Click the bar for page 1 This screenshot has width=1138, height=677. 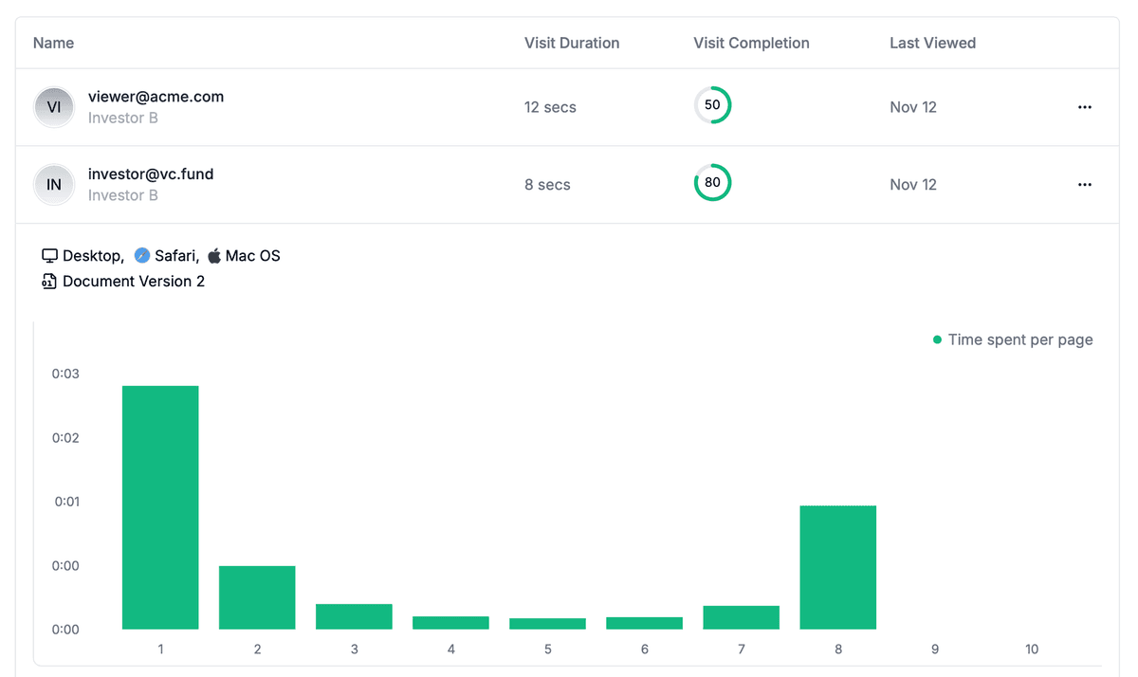click(x=160, y=507)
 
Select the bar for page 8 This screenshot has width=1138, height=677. click(x=837, y=567)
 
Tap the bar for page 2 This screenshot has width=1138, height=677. click(x=257, y=597)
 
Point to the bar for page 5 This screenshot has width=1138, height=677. click(x=547, y=624)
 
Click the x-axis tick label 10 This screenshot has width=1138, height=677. click(x=1031, y=650)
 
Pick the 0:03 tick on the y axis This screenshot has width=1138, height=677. click(x=65, y=374)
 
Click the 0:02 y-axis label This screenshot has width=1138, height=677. click(x=65, y=438)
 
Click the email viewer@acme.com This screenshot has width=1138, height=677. click(x=156, y=97)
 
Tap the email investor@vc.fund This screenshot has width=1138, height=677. click(x=151, y=174)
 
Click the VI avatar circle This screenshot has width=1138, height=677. click(x=54, y=107)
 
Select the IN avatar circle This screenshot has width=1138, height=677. click(x=54, y=185)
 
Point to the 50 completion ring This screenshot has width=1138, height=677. click(x=712, y=105)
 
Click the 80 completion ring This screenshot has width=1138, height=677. click(x=712, y=183)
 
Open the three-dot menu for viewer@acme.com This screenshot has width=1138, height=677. click(x=1085, y=107)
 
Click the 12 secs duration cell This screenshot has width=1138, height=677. click(x=550, y=107)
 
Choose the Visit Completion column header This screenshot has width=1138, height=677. click(x=751, y=43)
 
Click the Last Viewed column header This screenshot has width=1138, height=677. click(x=932, y=43)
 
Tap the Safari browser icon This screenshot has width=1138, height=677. click(x=142, y=256)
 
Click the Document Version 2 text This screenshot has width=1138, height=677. click(x=134, y=282)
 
